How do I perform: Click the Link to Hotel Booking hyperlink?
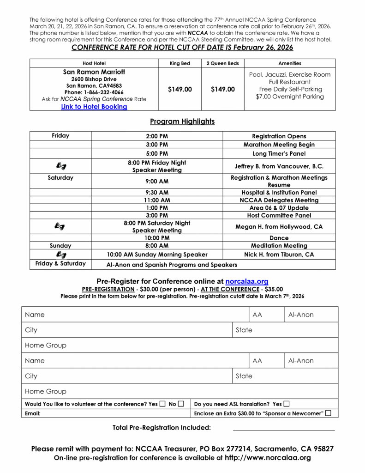94,107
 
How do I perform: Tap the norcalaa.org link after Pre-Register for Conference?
247,281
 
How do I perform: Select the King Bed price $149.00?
180,89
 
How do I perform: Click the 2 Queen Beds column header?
222,63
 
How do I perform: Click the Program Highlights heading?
182,121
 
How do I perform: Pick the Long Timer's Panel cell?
279,154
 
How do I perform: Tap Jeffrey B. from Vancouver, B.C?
279,166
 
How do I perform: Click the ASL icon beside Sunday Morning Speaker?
60,255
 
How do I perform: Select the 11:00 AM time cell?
157,200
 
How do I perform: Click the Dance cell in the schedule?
279,238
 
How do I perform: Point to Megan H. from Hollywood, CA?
279,227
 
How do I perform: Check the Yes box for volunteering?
162,404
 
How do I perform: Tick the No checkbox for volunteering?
181,404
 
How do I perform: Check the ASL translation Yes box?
287,404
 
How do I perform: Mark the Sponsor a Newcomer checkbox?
328,413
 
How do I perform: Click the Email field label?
33,413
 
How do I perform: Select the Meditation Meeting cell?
279,246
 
